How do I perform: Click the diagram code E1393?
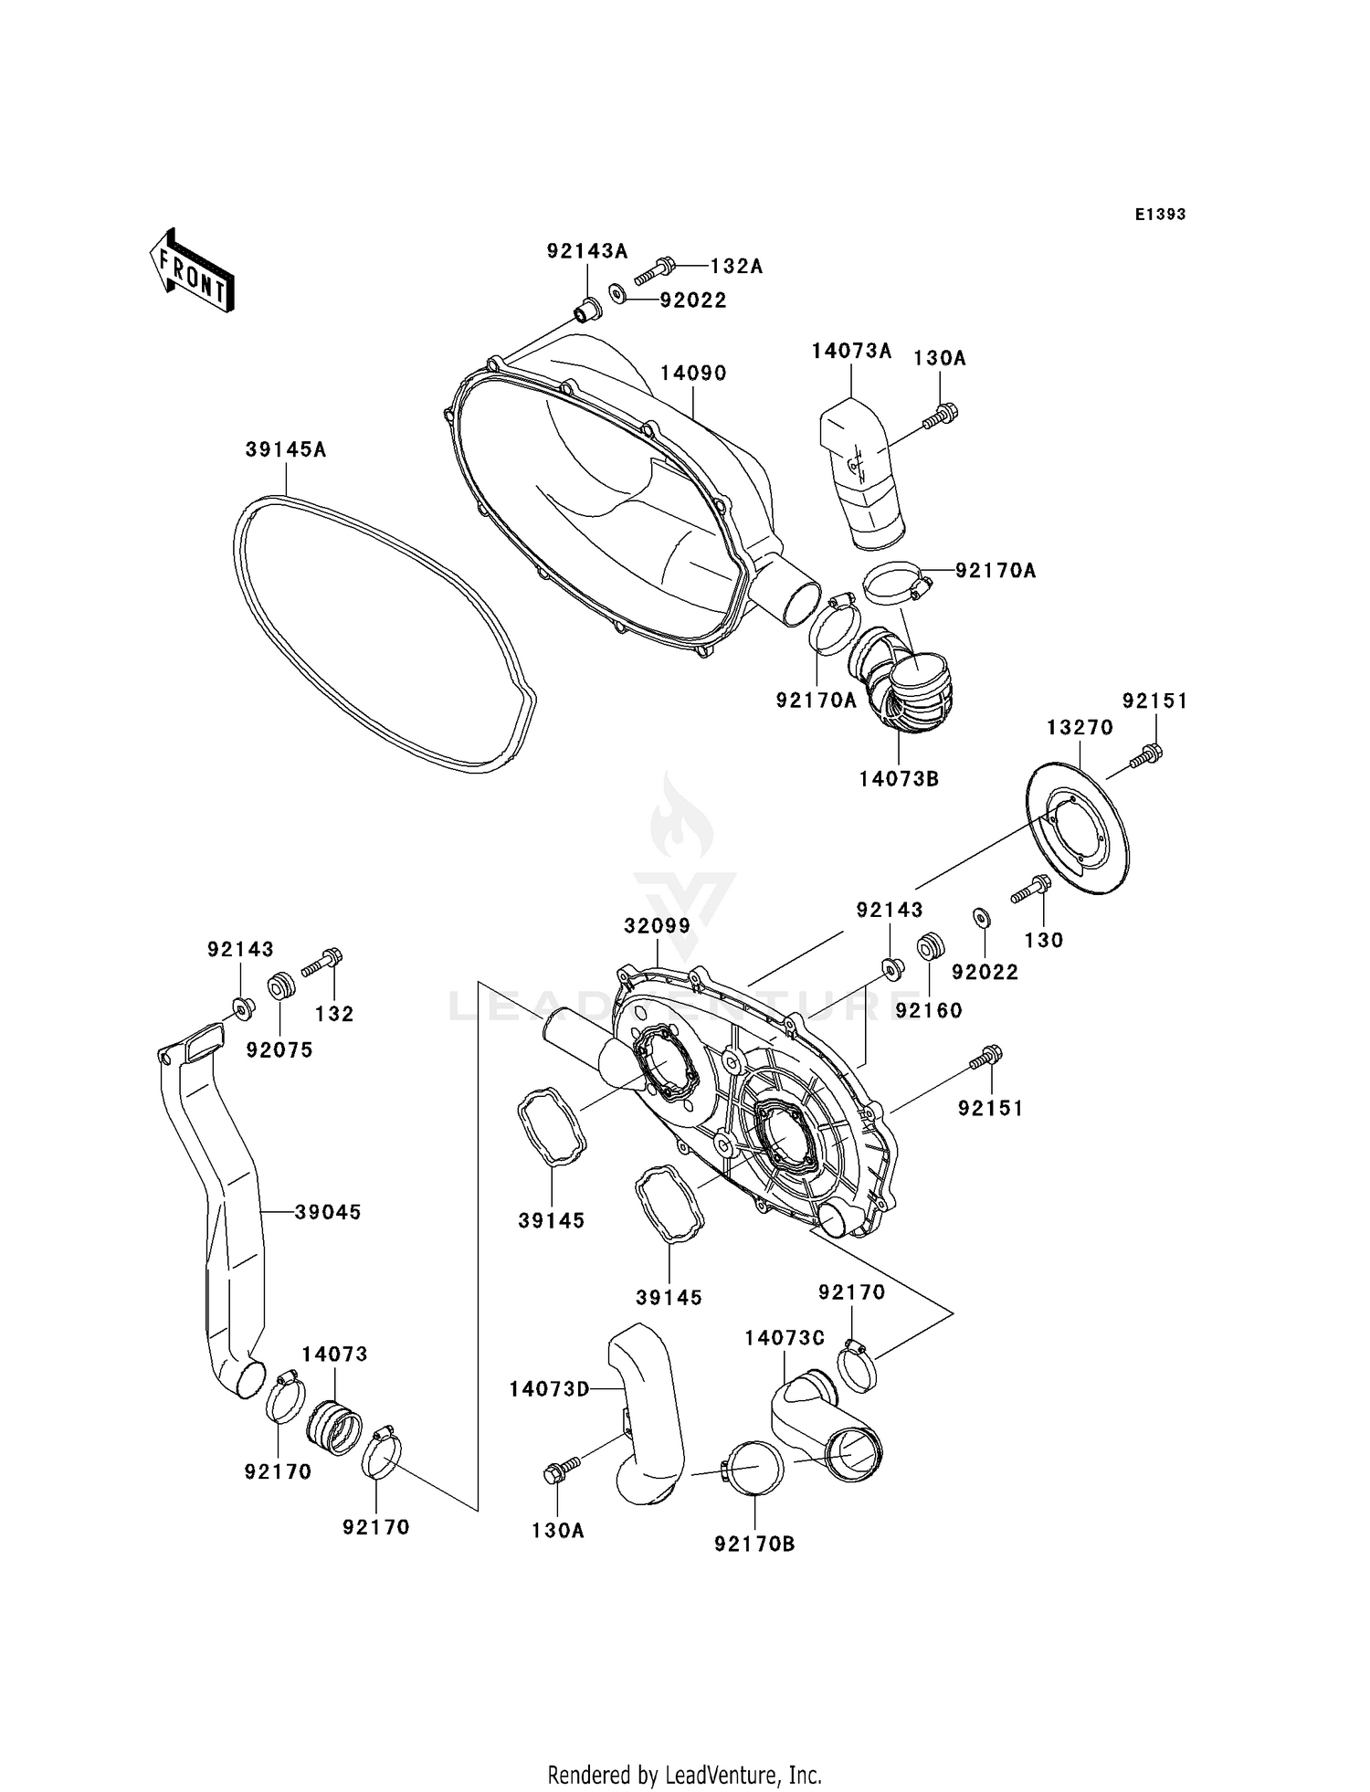pyautogui.click(x=1160, y=215)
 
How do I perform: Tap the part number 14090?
pyautogui.click(x=693, y=374)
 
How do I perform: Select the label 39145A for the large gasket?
pyautogui.click(x=285, y=450)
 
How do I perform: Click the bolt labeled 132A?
pyautogui.click(x=654, y=269)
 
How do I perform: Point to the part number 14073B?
pyautogui.click(x=899, y=779)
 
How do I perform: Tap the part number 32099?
pyautogui.click(x=657, y=926)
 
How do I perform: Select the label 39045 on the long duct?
pyautogui.click(x=328, y=1212)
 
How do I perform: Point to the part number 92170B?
pyautogui.click(x=754, y=1544)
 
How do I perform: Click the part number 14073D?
pyautogui.click(x=550, y=1389)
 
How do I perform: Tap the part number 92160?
pyautogui.click(x=929, y=1010)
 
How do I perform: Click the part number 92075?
pyautogui.click(x=279, y=1050)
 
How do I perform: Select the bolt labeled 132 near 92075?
pyautogui.click(x=321, y=964)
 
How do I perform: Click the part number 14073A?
pyautogui.click(x=851, y=352)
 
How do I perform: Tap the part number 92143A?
pyautogui.click(x=587, y=250)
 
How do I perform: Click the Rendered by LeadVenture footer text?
pyautogui.click(x=684, y=1775)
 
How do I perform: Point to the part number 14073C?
pyautogui.click(x=785, y=1338)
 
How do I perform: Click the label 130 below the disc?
pyautogui.click(x=1044, y=940)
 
